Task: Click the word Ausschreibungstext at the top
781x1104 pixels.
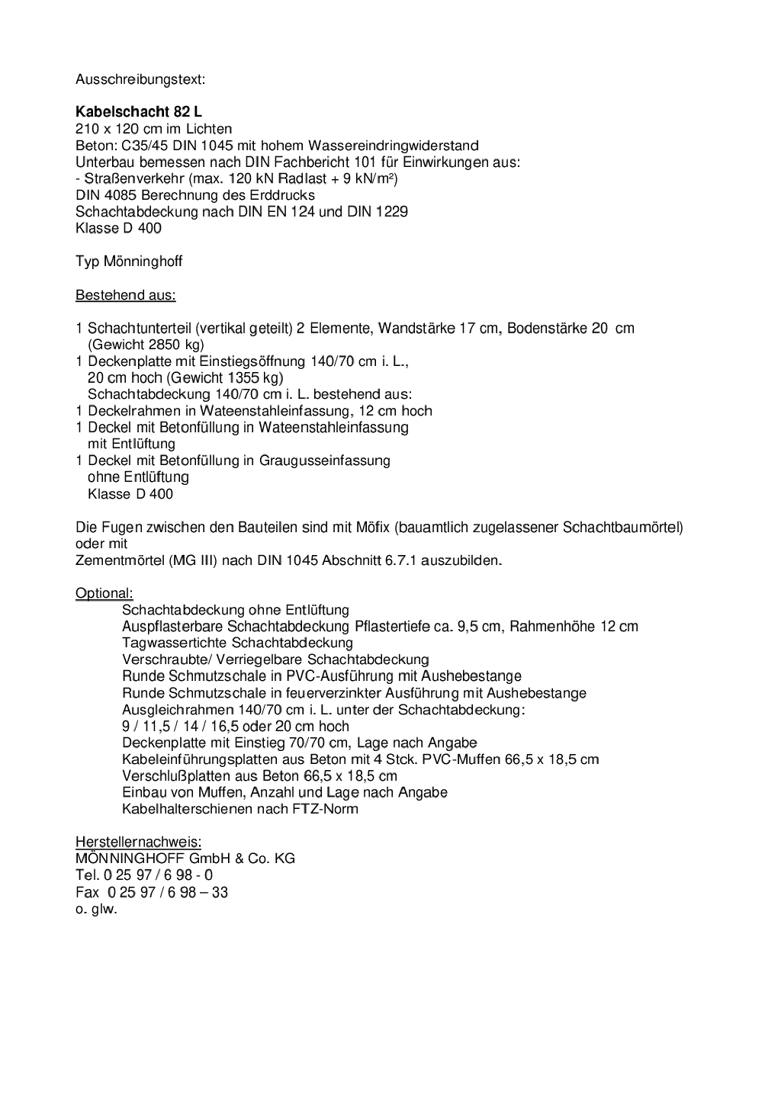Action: (140, 79)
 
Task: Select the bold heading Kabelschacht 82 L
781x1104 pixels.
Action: (139, 112)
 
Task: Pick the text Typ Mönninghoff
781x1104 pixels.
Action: (129, 262)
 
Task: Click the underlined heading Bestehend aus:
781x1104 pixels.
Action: (125, 295)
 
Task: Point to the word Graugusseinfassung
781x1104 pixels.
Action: (324, 461)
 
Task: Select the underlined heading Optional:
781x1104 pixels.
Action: (104, 594)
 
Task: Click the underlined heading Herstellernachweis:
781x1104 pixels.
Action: (138, 842)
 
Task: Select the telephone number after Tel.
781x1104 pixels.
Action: (158, 875)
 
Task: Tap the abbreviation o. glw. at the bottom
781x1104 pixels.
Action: (96, 909)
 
